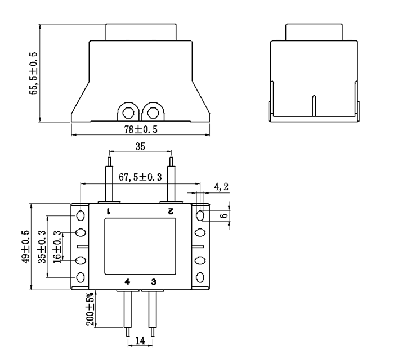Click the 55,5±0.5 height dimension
34,72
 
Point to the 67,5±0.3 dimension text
140,177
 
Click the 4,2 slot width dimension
221,186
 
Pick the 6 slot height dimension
225,215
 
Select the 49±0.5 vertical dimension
24,246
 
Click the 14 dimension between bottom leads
140,341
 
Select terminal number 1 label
109,211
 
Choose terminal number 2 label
170,211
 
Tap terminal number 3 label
153,281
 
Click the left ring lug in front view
128,111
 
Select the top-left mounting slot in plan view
81,215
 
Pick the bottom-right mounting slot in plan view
200,277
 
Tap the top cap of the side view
314,31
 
